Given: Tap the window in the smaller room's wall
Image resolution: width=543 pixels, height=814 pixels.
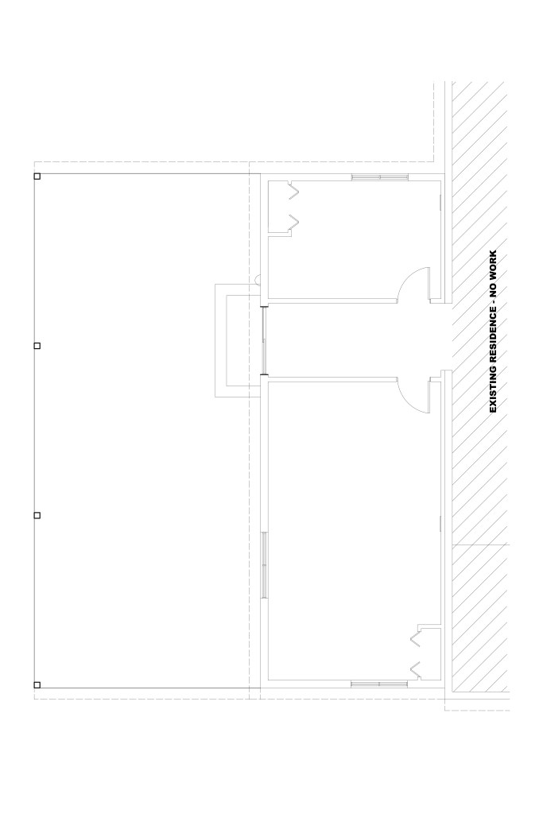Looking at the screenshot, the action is point(380,177).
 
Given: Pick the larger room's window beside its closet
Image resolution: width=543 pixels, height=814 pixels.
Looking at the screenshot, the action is point(379,684).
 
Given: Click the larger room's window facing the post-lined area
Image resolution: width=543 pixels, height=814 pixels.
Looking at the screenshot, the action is point(264,565).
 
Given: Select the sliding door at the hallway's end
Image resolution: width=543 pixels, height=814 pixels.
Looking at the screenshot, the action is point(264,340).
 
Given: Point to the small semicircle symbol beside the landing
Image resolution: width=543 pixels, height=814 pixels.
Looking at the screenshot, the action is point(258,279).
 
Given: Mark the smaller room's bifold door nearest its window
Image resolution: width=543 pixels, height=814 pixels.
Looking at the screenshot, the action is point(294,191).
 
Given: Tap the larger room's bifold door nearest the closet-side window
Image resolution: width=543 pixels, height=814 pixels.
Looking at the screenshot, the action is point(415,669).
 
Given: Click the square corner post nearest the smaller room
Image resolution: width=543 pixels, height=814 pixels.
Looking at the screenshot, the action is point(37,176).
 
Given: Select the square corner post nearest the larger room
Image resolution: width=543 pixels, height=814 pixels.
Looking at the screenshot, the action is point(37,684).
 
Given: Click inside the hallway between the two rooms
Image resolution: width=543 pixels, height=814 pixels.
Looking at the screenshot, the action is point(353,340).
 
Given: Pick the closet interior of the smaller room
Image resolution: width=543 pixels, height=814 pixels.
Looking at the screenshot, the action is point(277,207).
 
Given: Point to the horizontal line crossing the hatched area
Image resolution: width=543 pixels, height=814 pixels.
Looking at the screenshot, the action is point(481,545).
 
